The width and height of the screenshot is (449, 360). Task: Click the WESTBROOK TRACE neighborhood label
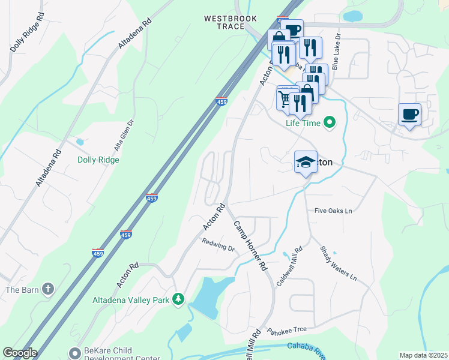click(224, 23)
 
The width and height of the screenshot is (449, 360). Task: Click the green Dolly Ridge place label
click(98, 160)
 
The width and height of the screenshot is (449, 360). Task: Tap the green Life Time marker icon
click(329, 124)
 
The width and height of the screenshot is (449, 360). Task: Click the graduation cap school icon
click(306, 161)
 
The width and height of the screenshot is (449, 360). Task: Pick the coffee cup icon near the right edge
click(409, 114)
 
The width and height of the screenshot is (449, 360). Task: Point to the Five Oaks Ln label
click(333, 211)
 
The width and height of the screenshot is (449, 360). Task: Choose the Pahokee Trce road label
click(287, 331)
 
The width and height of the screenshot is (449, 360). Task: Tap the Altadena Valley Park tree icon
click(178, 299)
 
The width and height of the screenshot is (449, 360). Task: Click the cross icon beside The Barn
click(49, 290)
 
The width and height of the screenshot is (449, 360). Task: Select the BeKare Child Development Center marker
click(74, 352)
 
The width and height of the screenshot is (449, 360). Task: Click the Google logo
click(20, 353)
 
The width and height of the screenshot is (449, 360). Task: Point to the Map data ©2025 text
click(423, 355)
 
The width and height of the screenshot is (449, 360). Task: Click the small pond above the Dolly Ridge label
click(80, 142)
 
